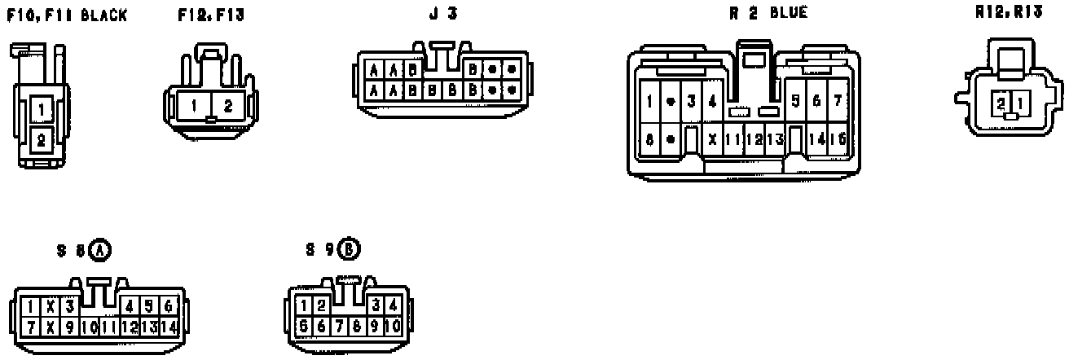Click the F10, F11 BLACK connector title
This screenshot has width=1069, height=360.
click(67, 15)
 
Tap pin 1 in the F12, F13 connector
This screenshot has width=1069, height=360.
click(194, 105)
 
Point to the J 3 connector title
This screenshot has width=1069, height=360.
click(442, 13)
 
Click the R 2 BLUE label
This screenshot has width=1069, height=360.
click(768, 13)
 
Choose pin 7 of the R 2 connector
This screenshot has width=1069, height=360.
click(837, 101)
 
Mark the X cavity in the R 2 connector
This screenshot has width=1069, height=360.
click(712, 138)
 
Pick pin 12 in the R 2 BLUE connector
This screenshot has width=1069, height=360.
click(754, 138)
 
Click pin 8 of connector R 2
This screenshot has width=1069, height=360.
click(649, 138)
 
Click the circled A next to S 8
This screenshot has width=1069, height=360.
click(100, 251)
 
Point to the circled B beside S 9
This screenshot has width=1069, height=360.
click(350, 250)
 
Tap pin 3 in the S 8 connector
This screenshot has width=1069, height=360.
click(70, 306)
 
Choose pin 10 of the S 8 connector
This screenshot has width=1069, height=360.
click(89, 327)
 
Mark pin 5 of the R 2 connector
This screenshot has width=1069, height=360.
click(794, 101)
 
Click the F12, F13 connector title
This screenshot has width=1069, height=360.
click(211, 15)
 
